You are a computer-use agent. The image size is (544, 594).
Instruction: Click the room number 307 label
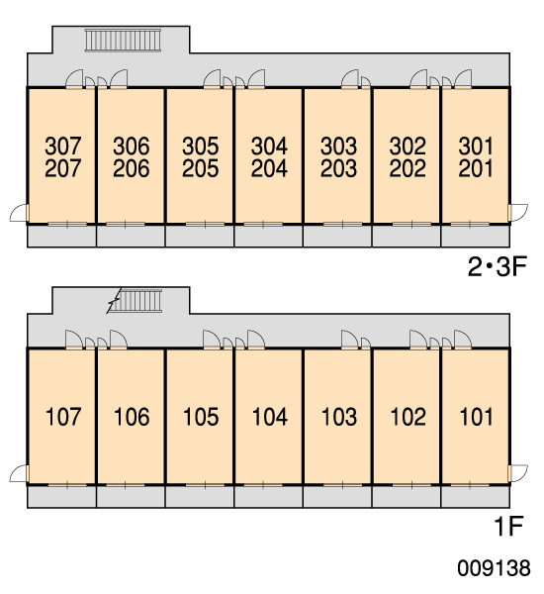(63, 147)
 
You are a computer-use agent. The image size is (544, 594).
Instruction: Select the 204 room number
(269, 168)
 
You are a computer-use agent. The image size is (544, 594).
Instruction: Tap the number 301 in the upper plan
(476, 147)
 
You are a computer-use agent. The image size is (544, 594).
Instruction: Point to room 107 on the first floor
(63, 417)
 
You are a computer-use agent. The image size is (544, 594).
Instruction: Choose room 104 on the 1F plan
(270, 417)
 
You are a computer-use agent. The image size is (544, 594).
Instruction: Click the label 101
(476, 417)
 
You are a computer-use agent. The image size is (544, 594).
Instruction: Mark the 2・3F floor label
(498, 266)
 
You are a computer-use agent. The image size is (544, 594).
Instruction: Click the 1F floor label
(508, 526)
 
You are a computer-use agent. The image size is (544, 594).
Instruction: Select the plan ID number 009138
(494, 568)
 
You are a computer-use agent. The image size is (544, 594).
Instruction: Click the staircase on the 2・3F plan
(123, 41)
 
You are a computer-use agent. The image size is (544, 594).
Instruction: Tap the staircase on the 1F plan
(136, 301)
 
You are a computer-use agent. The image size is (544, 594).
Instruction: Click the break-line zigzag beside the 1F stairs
(114, 301)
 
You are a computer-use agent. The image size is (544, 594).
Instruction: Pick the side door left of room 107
(19, 474)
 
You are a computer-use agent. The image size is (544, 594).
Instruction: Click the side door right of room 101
(518, 474)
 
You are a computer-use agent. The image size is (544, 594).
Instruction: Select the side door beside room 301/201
(518, 213)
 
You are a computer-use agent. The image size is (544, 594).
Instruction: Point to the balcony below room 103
(337, 497)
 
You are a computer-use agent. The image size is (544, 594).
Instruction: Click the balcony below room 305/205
(200, 236)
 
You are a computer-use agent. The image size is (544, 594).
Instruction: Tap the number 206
(132, 168)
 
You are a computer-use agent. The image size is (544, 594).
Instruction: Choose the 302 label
(408, 147)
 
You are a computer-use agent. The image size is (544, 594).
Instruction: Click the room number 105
(201, 417)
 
